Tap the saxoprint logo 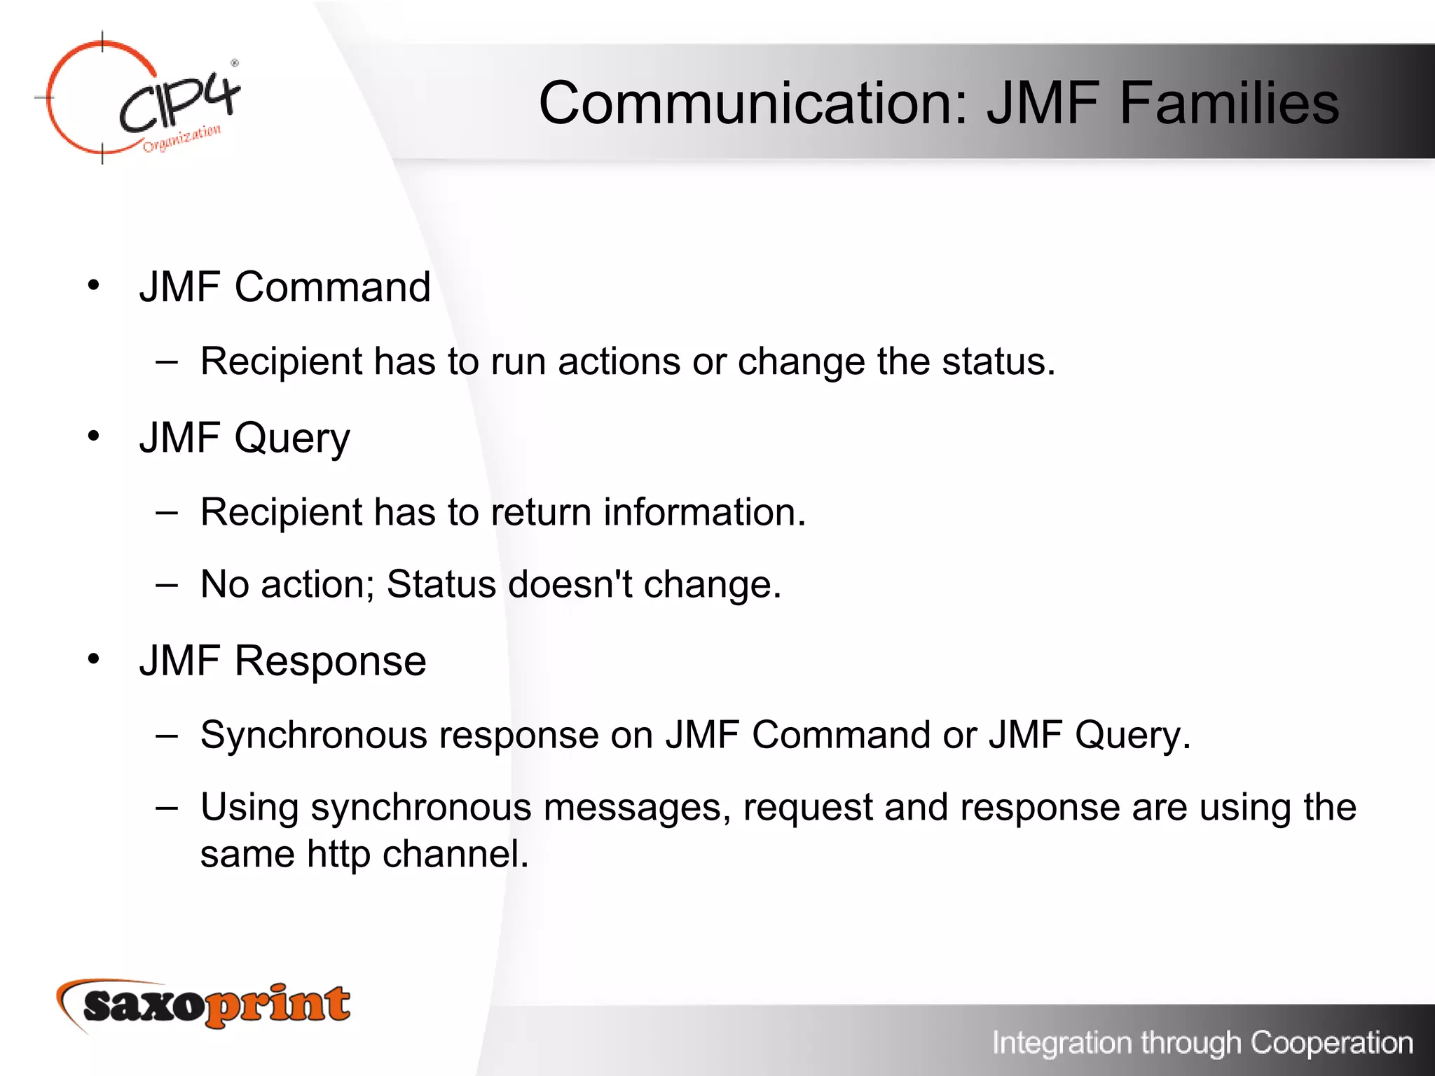(x=203, y=1005)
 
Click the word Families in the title (x=1229, y=103)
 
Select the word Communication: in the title (x=753, y=103)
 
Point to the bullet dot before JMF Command (x=94, y=285)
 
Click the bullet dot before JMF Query (x=94, y=436)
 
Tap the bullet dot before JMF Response (x=94, y=658)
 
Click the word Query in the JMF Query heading (x=291, y=439)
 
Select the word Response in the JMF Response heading (x=330, y=661)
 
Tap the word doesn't (x=570, y=584)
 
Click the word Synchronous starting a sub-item (x=313, y=736)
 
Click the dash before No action (x=167, y=584)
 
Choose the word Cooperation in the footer (x=1331, y=1042)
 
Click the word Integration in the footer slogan (x=1062, y=1042)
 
